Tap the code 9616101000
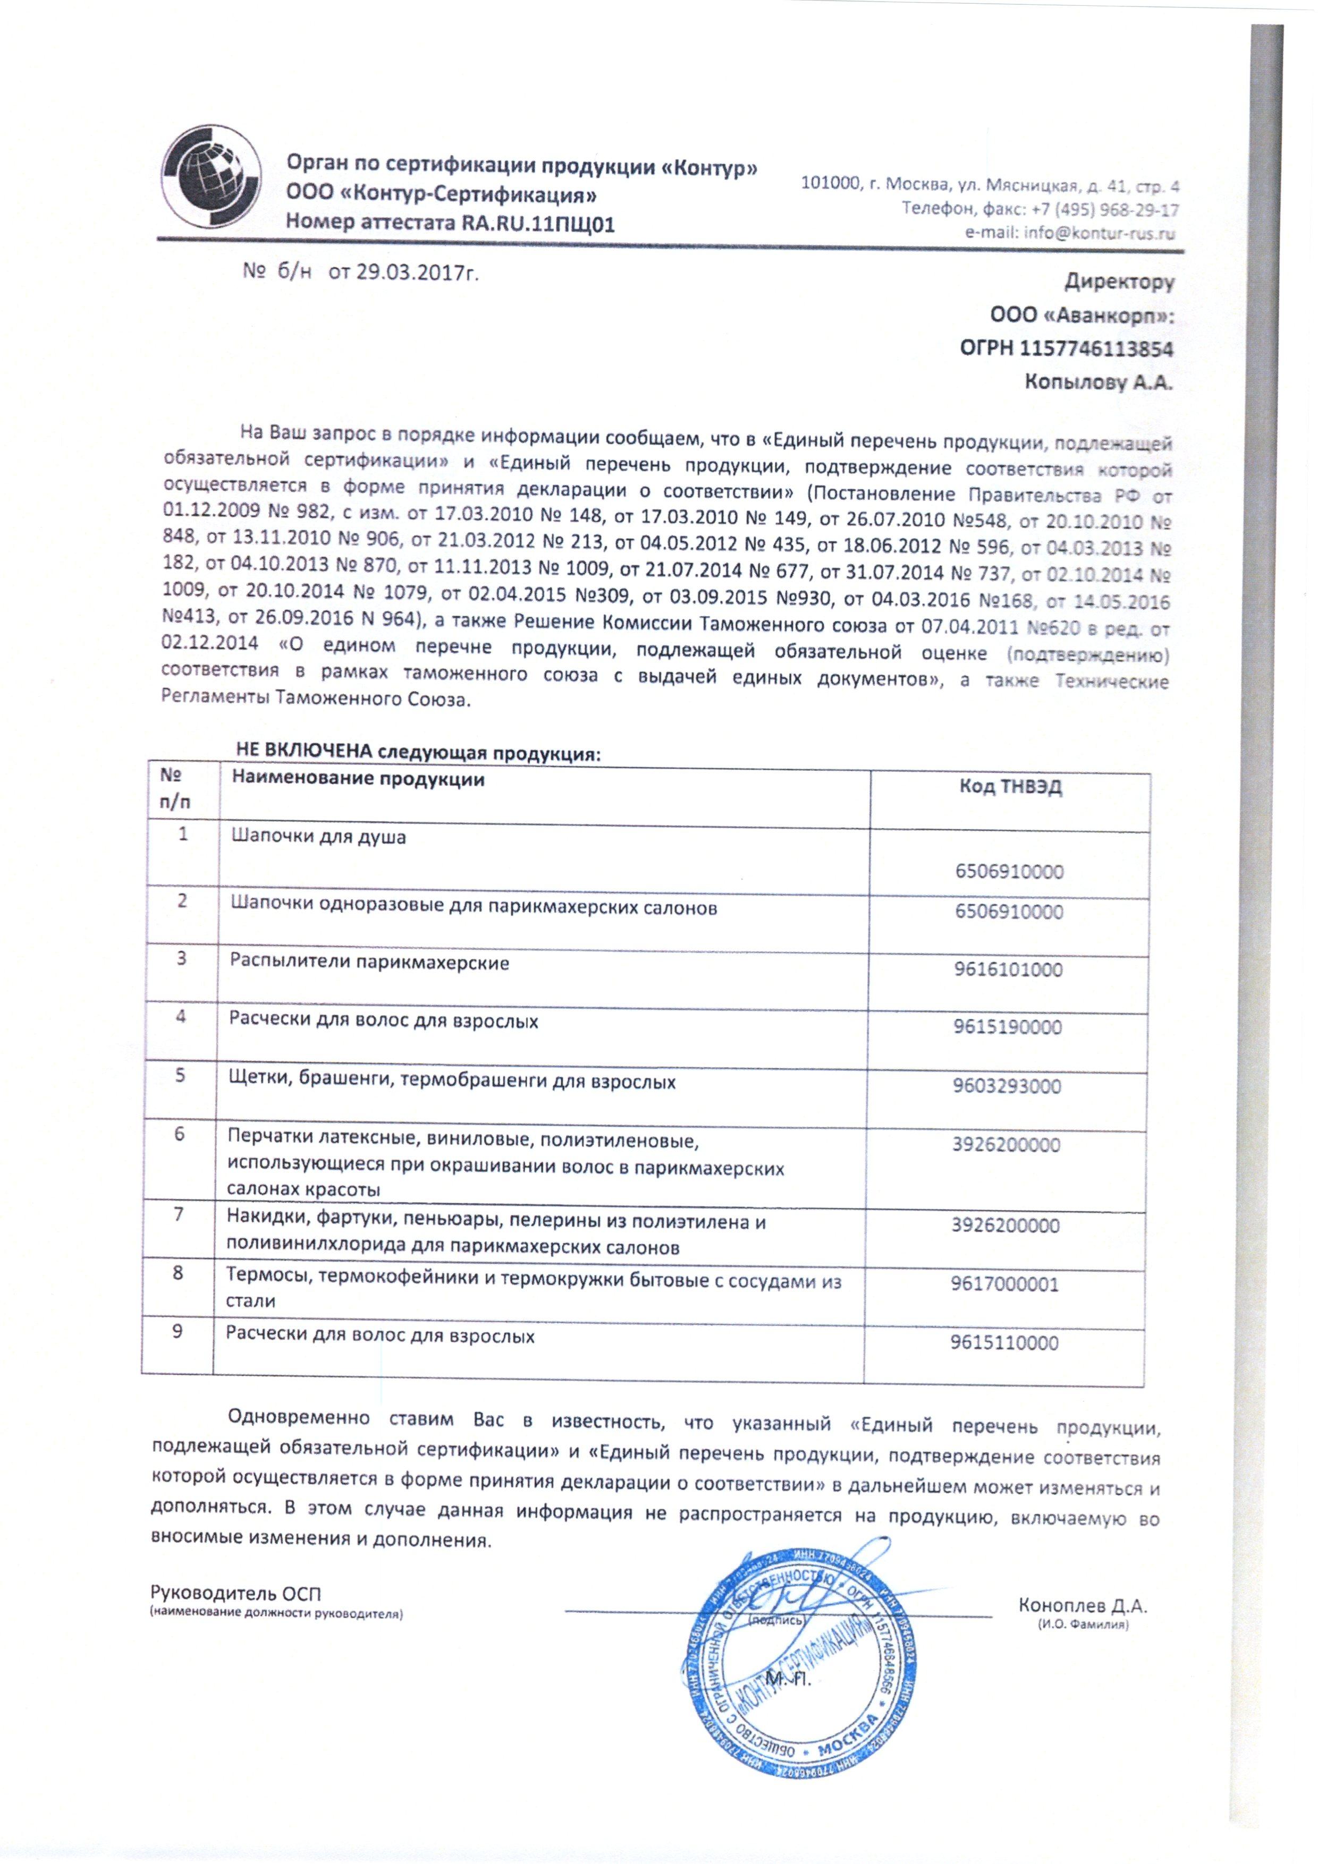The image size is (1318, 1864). tap(1008, 970)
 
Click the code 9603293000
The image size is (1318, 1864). tap(1007, 1086)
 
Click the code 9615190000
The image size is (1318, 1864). tap(1007, 1028)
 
